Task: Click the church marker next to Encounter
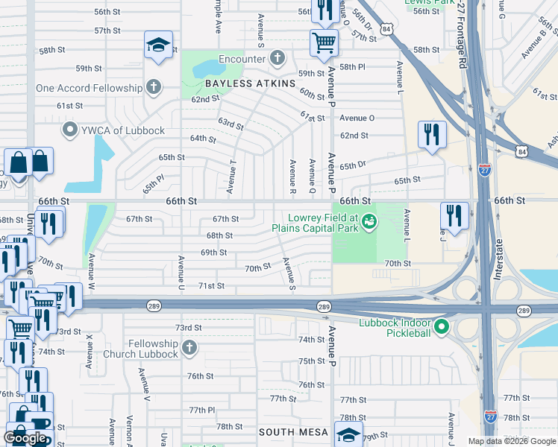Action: click(278, 59)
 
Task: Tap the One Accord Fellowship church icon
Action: click(154, 88)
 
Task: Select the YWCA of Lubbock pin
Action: click(71, 130)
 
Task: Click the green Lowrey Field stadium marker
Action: click(369, 221)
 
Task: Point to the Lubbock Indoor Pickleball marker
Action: click(442, 326)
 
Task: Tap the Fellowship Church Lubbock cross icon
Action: click(189, 348)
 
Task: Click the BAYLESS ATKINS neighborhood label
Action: click(240, 83)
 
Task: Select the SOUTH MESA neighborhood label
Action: click(293, 432)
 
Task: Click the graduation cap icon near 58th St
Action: click(158, 45)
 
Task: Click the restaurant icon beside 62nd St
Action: click(432, 135)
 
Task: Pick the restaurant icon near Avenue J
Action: click(454, 216)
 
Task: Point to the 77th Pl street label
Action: click(201, 410)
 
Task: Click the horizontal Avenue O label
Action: click(357, 118)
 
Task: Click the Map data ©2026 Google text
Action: click(511, 441)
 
